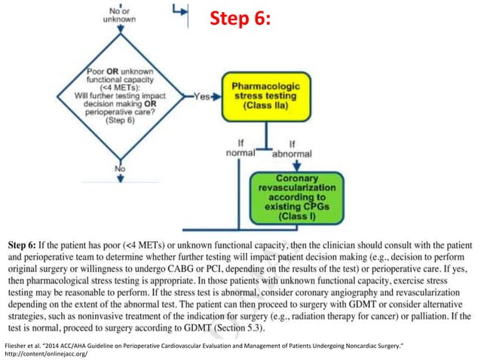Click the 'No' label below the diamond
(119, 169)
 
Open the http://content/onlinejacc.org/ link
(45, 353)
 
